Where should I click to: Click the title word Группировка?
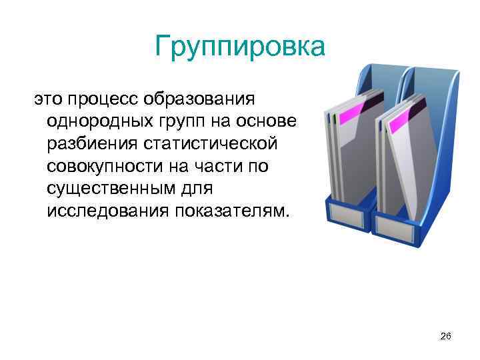pos(239,47)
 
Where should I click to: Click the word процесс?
pos(107,100)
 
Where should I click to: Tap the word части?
pos(221,166)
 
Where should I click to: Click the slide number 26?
pos(446,337)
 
